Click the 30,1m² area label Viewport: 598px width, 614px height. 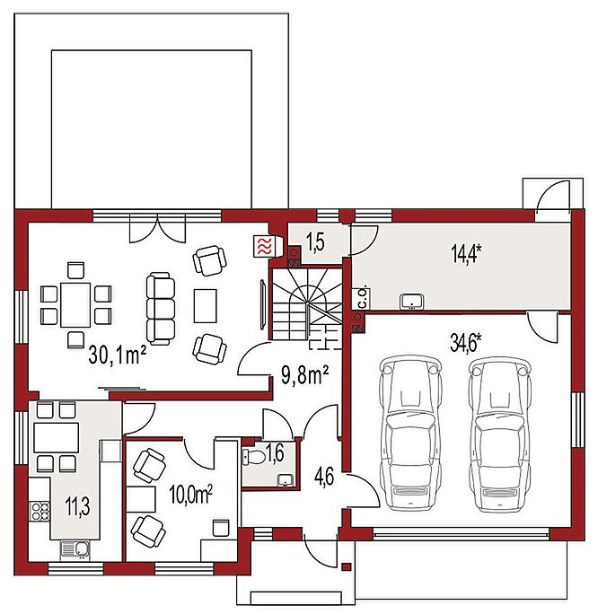point(118,355)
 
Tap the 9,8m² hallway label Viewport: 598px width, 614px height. point(304,375)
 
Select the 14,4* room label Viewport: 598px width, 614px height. point(466,254)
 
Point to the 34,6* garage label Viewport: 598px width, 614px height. point(465,344)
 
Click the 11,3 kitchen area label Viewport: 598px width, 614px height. point(77,506)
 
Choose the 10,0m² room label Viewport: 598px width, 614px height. point(190,495)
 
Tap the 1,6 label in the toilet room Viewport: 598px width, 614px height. point(275,453)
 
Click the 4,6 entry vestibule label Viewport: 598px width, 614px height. point(324,477)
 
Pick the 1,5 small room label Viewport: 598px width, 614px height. point(315,242)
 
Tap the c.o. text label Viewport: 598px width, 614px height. point(363,298)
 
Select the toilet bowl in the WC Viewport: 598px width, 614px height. point(253,456)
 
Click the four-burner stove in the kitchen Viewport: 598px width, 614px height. point(40,511)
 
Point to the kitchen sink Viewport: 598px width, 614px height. point(75,549)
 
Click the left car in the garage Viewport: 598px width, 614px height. point(411,434)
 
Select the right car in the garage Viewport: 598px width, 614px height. point(500,434)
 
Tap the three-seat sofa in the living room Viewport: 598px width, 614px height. point(161,309)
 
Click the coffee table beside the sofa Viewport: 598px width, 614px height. point(206,306)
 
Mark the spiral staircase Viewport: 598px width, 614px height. point(305,303)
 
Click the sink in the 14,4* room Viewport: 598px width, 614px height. point(411,302)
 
